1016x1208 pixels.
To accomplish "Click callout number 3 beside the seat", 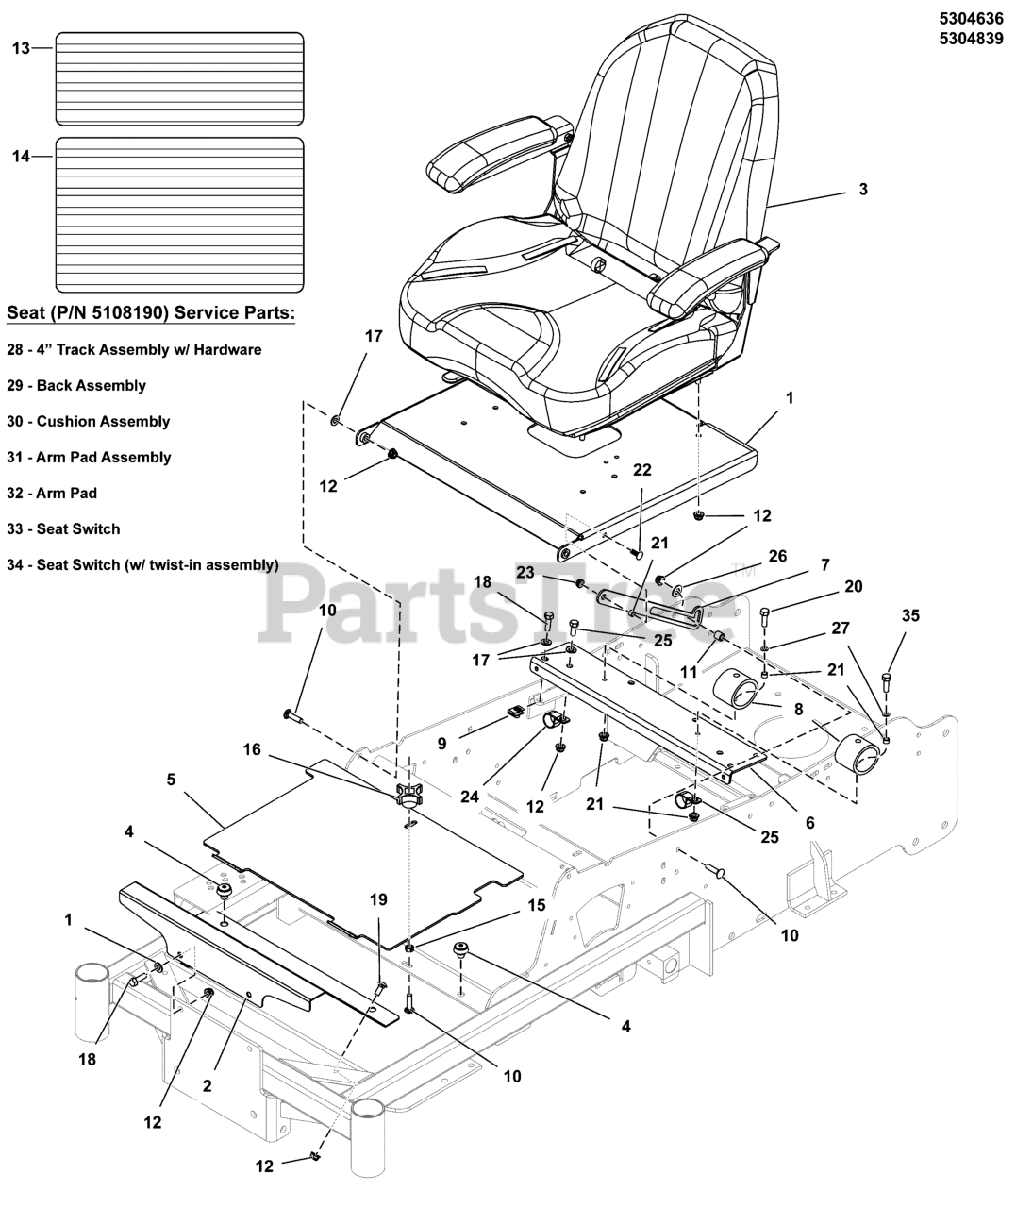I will click(x=862, y=189).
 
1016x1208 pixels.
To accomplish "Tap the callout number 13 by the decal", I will click(x=21, y=47).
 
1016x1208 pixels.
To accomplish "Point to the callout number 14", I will click(x=21, y=157).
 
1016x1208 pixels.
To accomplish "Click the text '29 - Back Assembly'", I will click(x=76, y=385).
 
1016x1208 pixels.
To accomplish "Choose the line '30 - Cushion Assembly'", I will click(x=89, y=421).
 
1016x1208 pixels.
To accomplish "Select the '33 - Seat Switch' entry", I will click(x=76, y=528).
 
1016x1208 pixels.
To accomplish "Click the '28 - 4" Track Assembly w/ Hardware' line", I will click(x=134, y=349).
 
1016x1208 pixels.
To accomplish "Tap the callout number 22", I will click(x=642, y=470).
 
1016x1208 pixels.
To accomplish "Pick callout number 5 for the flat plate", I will click(x=172, y=780).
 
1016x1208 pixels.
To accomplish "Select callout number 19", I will click(x=378, y=900).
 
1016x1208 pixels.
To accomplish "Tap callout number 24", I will click(x=469, y=796).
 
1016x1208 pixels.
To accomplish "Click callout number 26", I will click(x=777, y=557).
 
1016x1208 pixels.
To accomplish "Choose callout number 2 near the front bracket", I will click(x=207, y=1085).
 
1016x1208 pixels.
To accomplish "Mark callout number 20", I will click(x=853, y=586).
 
